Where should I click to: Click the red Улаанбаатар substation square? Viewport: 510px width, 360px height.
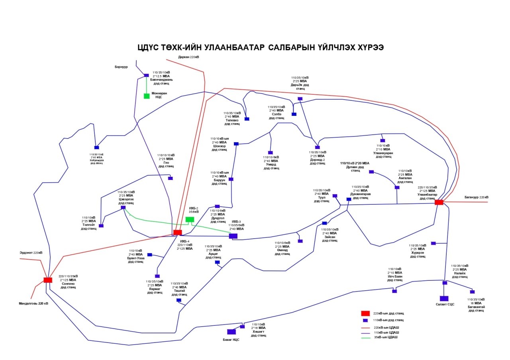click(x=439, y=202)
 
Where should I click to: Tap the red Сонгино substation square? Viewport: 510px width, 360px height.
click(x=48, y=280)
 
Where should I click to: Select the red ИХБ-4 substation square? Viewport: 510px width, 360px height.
click(x=178, y=232)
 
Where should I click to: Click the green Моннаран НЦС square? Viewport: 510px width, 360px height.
click(x=147, y=96)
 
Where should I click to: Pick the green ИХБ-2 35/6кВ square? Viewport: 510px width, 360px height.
click(x=190, y=219)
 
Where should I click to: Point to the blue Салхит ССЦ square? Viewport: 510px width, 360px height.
click(x=444, y=298)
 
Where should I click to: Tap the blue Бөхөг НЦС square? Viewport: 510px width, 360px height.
click(x=231, y=332)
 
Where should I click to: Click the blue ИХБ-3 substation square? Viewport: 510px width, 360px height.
click(x=233, y=236)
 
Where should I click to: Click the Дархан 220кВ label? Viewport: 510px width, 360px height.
click(x=188, y=57)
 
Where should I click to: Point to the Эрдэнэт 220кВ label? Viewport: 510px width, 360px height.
click(x=31, y=252)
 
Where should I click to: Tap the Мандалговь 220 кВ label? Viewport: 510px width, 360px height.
click(x=33, y=303)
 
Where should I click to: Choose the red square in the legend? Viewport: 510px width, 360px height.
click(x=365, y=313)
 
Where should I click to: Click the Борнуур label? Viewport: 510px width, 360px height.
click(x=121, y=67)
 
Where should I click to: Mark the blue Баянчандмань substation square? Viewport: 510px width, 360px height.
click(x=146, y=75)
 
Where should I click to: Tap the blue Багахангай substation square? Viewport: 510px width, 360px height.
click(x=472, y=292)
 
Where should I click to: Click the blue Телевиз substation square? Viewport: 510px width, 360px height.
click(x=247, y=119)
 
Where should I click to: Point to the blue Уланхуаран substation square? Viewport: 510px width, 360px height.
click(x=382, y=141)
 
